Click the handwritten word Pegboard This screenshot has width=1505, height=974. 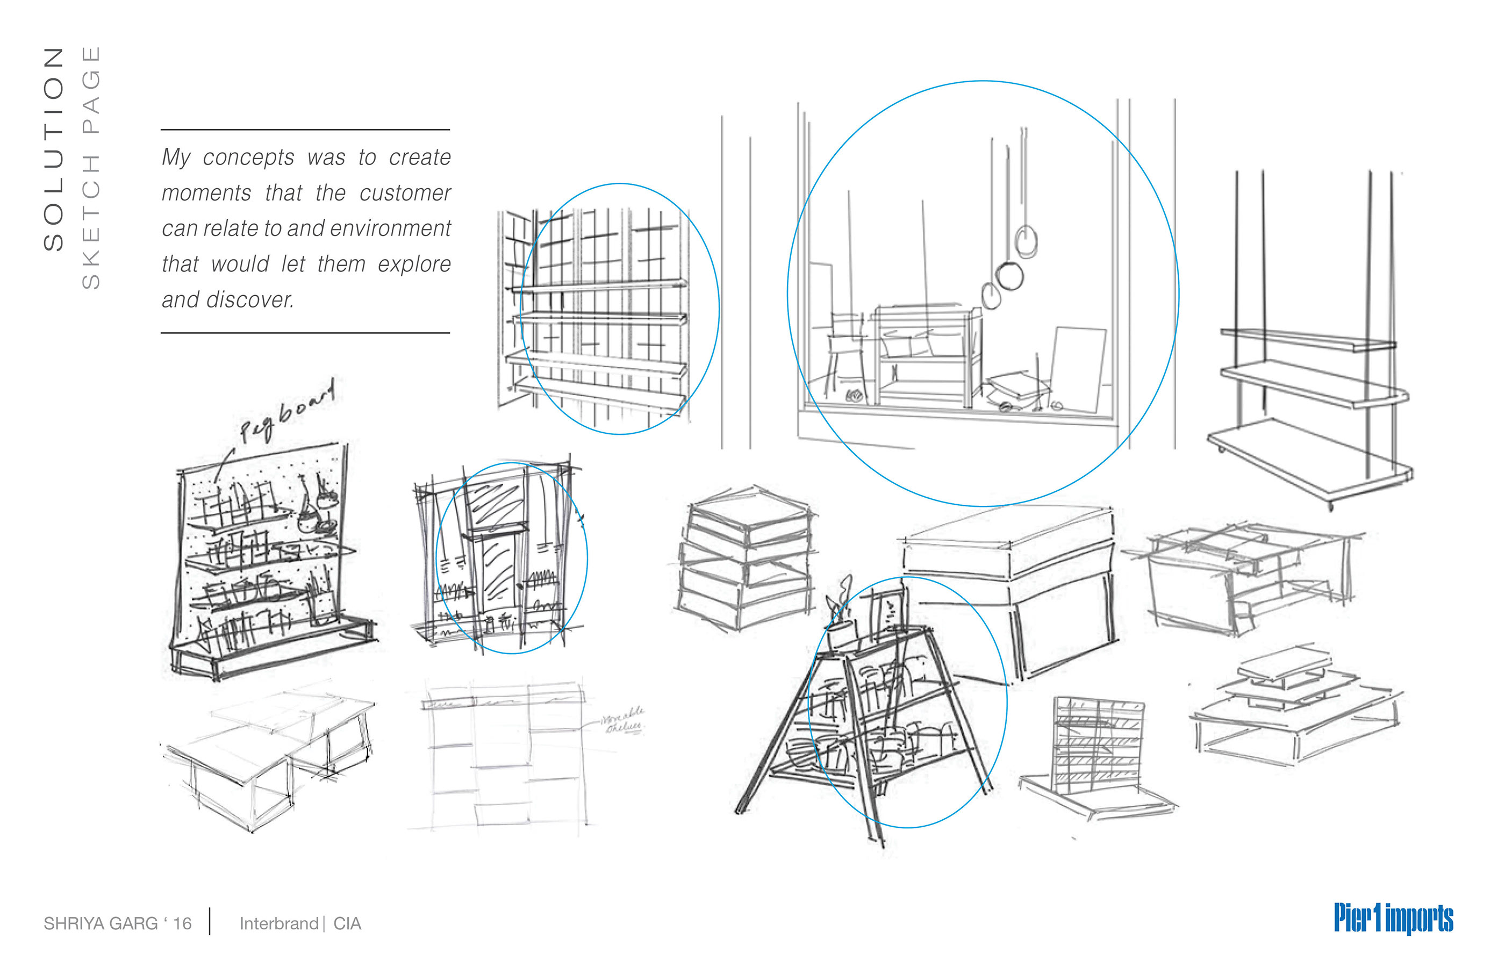point(286,412)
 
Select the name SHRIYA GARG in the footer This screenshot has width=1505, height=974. point(101,923)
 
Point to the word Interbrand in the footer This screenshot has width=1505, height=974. point(278,923)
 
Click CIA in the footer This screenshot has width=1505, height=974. point(347,923)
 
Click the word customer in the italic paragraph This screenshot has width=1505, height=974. point(405,193)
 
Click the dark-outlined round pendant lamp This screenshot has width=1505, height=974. point(1009,276)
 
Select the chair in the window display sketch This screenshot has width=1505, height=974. point(846,354)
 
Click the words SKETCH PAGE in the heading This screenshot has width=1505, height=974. point(91,168)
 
